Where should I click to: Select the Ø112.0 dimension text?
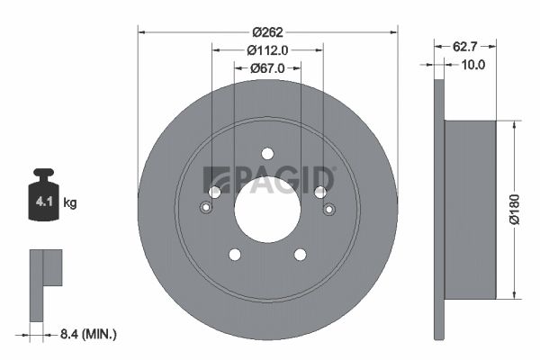[x=267, y=50]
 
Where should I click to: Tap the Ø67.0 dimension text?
[x=267, y=68]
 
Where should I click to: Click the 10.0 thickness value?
[x=472, y=65]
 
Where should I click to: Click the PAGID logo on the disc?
[x=270, y=179]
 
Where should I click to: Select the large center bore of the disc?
[x=267, y=209]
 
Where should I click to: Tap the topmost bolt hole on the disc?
[x=267, y=153]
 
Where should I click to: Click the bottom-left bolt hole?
[x=235, y=255]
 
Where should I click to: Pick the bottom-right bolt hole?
[x=300, y=255]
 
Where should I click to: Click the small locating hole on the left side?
[x=206, y=210]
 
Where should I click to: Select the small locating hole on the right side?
[x=328, y=210]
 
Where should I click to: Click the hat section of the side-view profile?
[x=470, y=209]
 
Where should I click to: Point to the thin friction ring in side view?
[x=439, y=209]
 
